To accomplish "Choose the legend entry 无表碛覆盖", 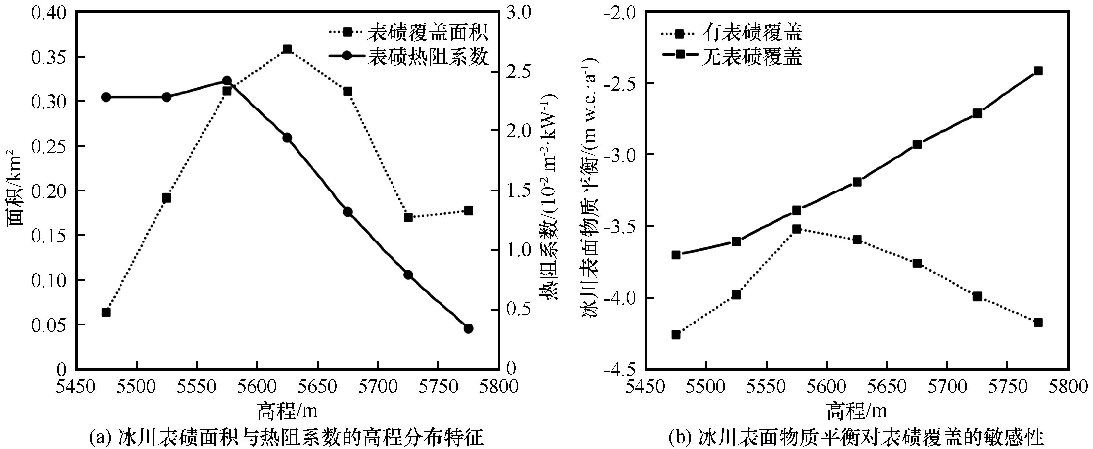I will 751,56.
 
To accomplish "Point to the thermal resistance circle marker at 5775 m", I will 468,328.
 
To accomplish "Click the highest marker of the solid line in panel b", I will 1038,71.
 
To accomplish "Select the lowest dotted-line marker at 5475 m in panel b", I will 676,334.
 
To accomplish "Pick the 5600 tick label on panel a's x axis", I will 257,387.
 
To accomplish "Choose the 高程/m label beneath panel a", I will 287,411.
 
